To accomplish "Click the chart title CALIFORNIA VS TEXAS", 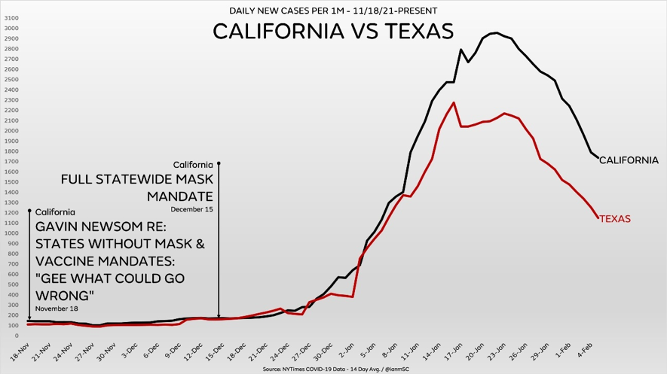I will [x=333, y=32].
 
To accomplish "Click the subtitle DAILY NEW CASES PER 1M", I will [x=333, y=11].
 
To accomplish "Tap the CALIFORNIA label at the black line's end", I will [x=629, y=160].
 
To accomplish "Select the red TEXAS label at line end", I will [x=615, y=219].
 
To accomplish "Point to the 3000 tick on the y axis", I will [x=11, y=29].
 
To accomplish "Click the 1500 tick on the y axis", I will [x=11, y=182].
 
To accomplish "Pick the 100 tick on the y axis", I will [x=13, y=325].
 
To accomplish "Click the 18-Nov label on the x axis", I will [x=20, y=347].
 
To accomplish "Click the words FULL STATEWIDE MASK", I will [x=137, y=180].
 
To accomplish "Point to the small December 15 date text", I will [x=192, y=209].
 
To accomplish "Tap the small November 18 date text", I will [x=57, y=309].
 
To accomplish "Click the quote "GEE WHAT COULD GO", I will [x=111, y=278].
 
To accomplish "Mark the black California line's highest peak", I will [x=495, y=32].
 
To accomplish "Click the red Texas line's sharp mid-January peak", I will [x=453, y=103].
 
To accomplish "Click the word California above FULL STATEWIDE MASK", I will [x=193, y=165].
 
